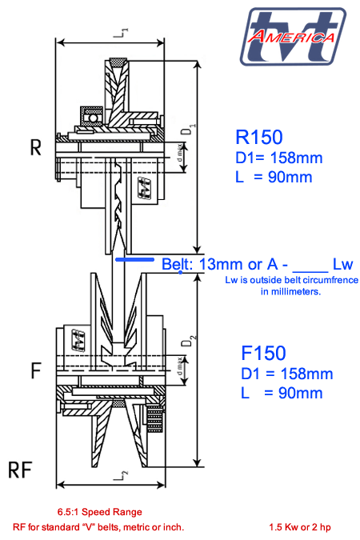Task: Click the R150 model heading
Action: click(260, 136)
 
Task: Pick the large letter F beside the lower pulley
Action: click(35, 371)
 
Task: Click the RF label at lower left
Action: click(21, 468)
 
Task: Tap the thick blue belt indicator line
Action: click(136, 259)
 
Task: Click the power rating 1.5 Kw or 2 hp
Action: click(301, 527)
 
